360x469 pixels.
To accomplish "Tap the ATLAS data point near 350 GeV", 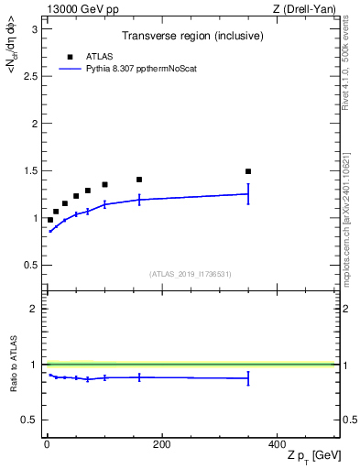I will click(x=248, y=171).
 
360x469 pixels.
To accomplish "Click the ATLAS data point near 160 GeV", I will click(x=139, y=180).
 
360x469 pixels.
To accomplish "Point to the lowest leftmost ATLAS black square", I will click(x=50, y=220).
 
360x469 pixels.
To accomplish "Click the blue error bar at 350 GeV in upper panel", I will click(x=248, y=193).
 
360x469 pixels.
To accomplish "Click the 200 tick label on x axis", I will click(x=161, y=444).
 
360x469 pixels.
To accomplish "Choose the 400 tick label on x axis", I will click(x=277, y=444).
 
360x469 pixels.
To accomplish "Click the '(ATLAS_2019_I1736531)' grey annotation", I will click(x=191, y=274).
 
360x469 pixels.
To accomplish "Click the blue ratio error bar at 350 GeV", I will click(x=248, y=378).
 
